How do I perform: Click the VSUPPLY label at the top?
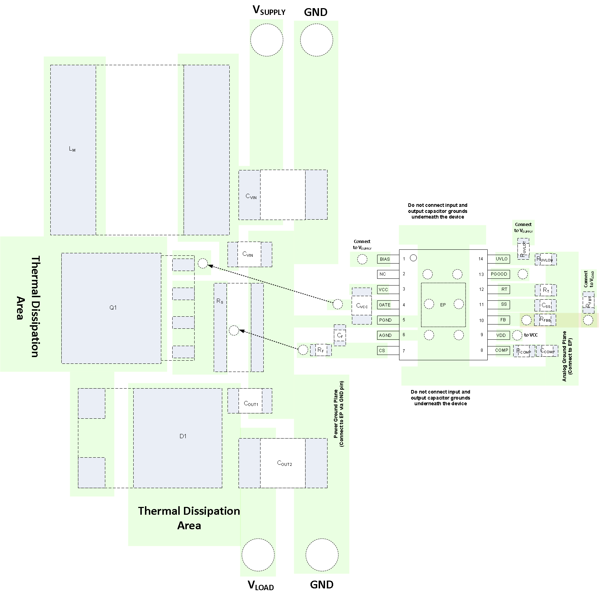pos(269,11)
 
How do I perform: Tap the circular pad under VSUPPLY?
pos(267,40)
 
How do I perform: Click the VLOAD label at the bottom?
pos(261,585)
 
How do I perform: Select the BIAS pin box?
pos(385,259)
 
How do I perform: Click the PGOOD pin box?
pos(499,274)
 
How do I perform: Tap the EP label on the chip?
pos(443,305)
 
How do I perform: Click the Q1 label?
pos(113,308)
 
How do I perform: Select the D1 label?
pos(183,436)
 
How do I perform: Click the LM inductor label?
pos(72,149)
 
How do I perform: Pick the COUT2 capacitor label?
pos(284,463)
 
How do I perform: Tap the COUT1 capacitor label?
pos(251,403)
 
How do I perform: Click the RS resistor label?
pos(220,301)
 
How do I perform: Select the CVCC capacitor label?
pos(362,306)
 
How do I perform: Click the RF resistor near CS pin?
pos(320,350)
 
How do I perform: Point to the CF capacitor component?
pos(340,335)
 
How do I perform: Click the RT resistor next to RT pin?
pos(546,290)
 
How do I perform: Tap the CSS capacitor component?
pos(546,305)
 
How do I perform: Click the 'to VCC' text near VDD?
pos(531,335)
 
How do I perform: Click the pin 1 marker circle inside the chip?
pos(413,258)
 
